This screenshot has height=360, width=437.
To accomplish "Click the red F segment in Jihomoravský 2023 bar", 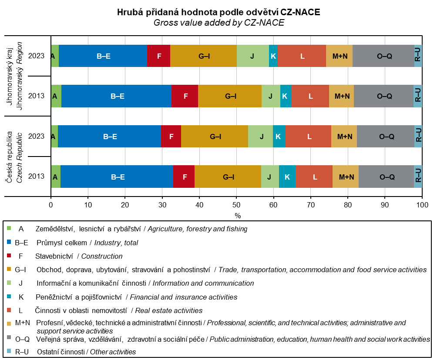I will coord(158,56).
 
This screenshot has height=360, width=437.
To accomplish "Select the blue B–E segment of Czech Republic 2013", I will coord(117,177).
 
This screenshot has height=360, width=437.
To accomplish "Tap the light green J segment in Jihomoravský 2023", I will coord(252,56).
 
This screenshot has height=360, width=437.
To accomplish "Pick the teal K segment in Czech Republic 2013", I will coord(287,177).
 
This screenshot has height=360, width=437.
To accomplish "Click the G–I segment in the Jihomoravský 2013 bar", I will coord(230,96).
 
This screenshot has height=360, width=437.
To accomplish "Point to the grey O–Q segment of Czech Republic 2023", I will coord(386,137).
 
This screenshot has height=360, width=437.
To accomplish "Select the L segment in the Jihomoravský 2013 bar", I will coord(310,96).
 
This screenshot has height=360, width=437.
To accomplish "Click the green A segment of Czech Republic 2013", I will coord(55,177).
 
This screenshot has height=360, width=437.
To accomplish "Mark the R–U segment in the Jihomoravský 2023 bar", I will coord(418,56).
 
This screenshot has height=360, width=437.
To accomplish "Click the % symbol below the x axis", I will coord(238,215).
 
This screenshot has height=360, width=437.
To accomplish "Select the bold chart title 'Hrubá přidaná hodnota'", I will coord(218,13).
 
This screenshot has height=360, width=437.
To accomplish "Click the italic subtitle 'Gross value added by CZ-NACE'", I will coord(218,23).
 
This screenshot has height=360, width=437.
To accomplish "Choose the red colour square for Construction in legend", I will coord(9,256).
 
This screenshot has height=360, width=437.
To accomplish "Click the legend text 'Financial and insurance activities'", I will coord(183,297).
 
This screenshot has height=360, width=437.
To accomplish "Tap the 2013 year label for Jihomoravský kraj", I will coord(36,96).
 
